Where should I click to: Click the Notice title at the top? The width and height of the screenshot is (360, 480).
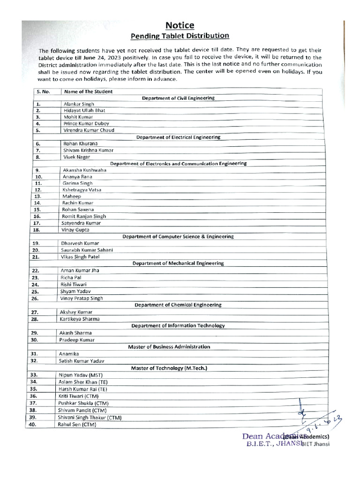[x=179, y=25]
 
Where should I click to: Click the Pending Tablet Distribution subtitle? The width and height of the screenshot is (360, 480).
[x=180, y=36]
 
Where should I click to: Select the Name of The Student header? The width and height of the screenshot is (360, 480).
[x=88, y=91]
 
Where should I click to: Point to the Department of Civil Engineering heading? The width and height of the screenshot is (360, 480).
[x=178, y=98]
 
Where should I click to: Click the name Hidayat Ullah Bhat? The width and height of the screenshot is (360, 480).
[x=84, y=110]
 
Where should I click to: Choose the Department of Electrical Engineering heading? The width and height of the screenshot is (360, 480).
[x=178, y=137]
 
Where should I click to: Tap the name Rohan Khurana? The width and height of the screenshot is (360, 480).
[x=81, y=143]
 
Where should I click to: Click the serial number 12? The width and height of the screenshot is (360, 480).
[x=38, y=190]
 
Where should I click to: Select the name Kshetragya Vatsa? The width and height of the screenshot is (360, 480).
[x=82, y=190]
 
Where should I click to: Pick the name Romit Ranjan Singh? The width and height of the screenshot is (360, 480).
[x=84, y=217]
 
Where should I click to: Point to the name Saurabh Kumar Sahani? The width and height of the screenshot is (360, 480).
[x=87, y=250]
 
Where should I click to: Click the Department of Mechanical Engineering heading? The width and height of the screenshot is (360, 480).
[x=178, y=263]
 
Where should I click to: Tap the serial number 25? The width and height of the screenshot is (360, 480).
[x=35, y=291]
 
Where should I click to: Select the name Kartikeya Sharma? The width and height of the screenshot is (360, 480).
[x=79, y=319]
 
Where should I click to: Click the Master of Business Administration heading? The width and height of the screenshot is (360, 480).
[x=169, y=347]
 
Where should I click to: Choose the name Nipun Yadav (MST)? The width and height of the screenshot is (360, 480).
[x=80, y=375]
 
